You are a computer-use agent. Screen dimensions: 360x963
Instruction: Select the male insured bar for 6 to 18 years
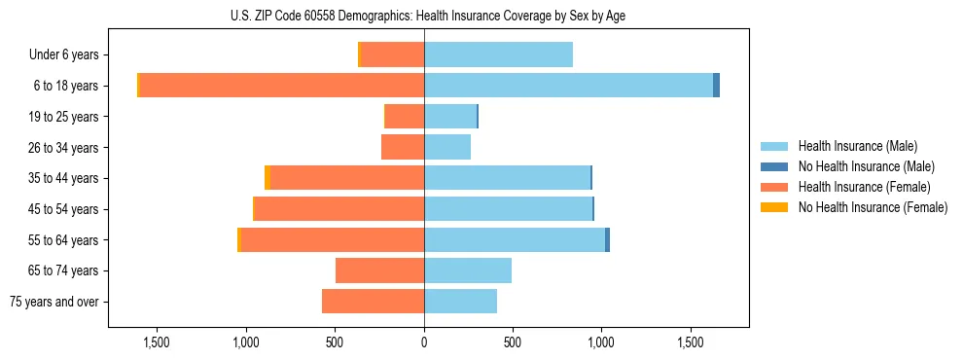pos(568,86)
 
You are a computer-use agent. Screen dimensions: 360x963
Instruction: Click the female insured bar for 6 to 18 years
pos(282,86)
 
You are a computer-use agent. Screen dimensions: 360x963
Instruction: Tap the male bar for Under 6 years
pos(498,54)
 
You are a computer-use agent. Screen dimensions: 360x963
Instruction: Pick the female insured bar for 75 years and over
pos(373,302)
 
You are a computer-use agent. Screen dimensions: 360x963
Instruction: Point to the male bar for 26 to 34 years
pos(447,147)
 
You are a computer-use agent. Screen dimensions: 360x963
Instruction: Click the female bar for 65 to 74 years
pos(379,270)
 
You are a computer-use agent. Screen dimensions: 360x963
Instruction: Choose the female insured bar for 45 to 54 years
pos(339,209)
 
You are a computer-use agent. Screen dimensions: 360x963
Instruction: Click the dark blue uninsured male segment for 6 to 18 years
pos(716,86)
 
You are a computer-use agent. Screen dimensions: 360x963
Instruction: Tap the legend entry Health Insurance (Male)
pos(857,146)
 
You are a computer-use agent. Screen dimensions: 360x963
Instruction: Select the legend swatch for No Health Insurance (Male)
pos(775,166)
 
